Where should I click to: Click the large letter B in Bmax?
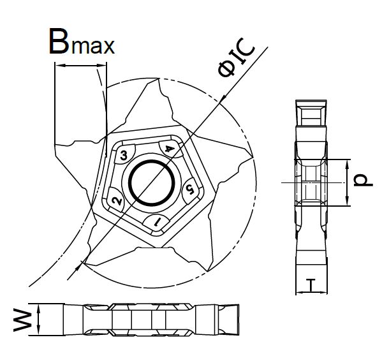pyautogui.click(x=59, y=41)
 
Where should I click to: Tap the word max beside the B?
pyautogui.click(x=93, y=46)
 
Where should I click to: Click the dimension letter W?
pyautogui.click(x=23, y=320)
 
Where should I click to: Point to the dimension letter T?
pyautogui.click(x=311, y=285)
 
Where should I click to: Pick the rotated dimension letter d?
pyautogui.click(x=363, y=180)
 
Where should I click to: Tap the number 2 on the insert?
pyautogui.click(x=117, y=201)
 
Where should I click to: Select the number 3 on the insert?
pyautogui.click(x=124, y=155)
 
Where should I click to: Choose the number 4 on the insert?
pyautogui.click(x=170, y=149)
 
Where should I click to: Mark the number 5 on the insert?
pyautogui.click(x=190, y=189)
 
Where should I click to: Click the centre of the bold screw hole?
pyautogui.click(x=152, y=182)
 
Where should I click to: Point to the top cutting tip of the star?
pyautogui.click(x=158, y=78)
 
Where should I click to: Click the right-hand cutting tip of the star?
pyautogui.click(x=251, y=156)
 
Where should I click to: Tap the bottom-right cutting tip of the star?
pyautogui.click(x=207, y=270)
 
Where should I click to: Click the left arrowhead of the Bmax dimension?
pyautogui.click(x=61, y=65)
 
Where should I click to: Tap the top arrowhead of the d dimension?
pyautogui.click(x=348, y=165)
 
